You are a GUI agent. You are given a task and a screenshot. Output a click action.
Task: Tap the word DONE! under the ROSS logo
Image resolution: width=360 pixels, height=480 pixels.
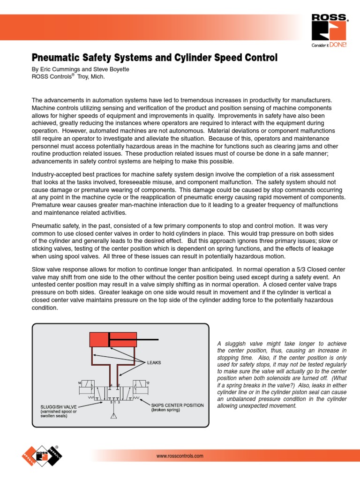click(337, 45)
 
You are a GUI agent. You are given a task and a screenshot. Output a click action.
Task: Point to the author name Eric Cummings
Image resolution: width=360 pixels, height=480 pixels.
click(58, 69)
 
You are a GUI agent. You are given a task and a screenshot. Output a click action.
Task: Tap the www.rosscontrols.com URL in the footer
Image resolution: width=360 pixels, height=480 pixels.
click(180, 456)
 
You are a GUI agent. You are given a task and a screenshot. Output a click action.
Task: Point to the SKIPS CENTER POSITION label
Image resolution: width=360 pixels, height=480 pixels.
click(177, 405)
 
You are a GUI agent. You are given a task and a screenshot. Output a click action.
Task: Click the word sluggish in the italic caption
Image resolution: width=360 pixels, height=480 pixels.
click(238, 344)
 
